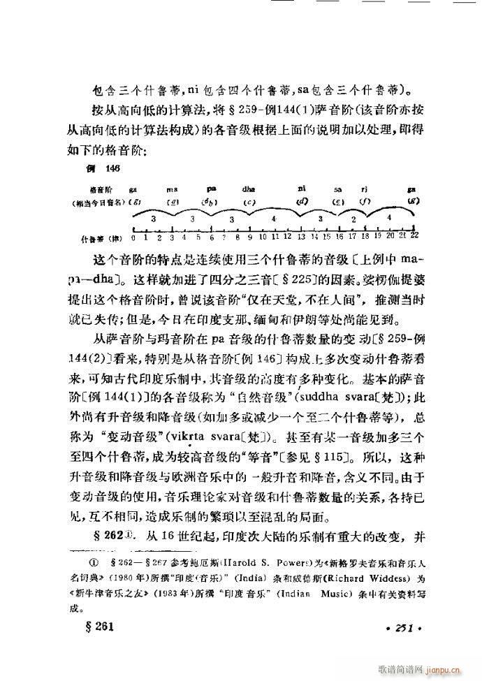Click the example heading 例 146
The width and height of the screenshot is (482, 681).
tap(96, 170)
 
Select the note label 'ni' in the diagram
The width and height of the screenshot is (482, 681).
tap(302, 188)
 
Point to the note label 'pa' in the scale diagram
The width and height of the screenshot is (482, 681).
tap(212, 189)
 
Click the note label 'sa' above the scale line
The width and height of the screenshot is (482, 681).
tap(338, 189)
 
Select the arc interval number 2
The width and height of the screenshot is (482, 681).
tap(353, 219)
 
